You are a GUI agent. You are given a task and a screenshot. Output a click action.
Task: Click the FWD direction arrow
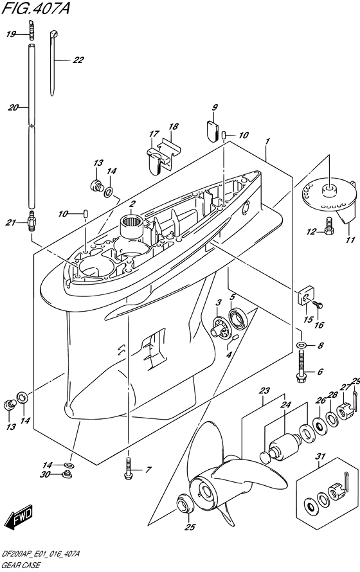point(20,517)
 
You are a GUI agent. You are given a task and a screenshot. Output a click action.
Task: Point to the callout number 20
point(13,107)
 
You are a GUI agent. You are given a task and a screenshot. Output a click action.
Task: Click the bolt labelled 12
point(328,226)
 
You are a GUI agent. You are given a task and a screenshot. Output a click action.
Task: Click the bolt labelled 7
point(128,469)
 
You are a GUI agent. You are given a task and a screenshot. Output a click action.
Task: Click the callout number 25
point(190,527)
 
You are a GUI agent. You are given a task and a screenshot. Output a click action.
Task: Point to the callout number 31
point(321,456)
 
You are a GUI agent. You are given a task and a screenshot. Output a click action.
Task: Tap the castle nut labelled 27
point(345,411)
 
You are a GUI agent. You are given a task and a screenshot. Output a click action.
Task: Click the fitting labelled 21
point(31,220)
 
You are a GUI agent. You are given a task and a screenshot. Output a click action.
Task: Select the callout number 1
point(267,141)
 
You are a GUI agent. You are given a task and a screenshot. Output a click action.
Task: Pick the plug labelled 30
point(66,474)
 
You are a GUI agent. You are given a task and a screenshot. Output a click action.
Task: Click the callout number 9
point(215,107)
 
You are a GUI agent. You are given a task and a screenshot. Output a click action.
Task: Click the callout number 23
point(264,391)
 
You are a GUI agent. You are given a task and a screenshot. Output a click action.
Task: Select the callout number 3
point(219,303)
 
